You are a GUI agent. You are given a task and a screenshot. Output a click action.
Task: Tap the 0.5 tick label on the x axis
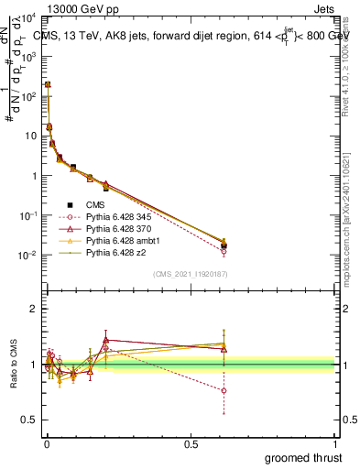tap(191, 443)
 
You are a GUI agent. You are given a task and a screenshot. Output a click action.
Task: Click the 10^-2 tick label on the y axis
tap(27, 255)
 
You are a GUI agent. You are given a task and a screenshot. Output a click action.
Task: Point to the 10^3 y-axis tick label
tap(28, 57)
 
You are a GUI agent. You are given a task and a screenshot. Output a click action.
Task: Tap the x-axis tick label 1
tap(334, 443)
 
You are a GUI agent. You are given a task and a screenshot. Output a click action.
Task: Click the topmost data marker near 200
tap(47, 85)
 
